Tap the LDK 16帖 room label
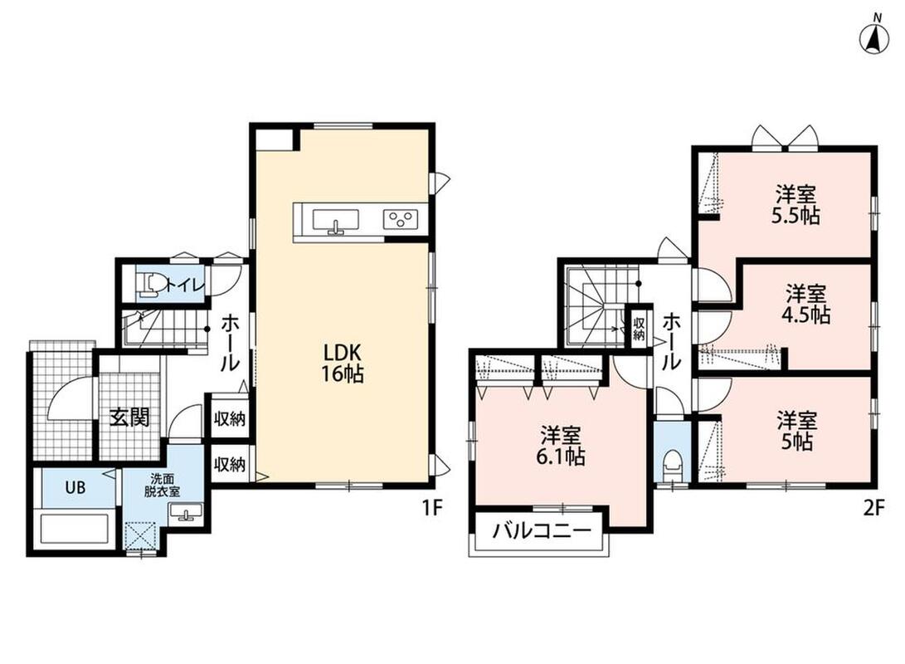(343, 363)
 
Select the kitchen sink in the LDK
(335, 222)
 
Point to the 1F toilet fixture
(149, 284)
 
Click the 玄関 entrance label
(130, 417)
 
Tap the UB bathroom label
(75, 487)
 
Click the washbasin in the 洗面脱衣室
(185, 511)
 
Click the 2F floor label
(873, 508)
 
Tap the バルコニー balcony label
(542, 530)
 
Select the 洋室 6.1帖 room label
(561, 445)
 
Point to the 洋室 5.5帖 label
(796, 204)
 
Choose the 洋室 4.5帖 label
(806, 305)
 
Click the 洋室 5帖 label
(796, 431)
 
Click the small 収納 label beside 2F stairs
(639, 328)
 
